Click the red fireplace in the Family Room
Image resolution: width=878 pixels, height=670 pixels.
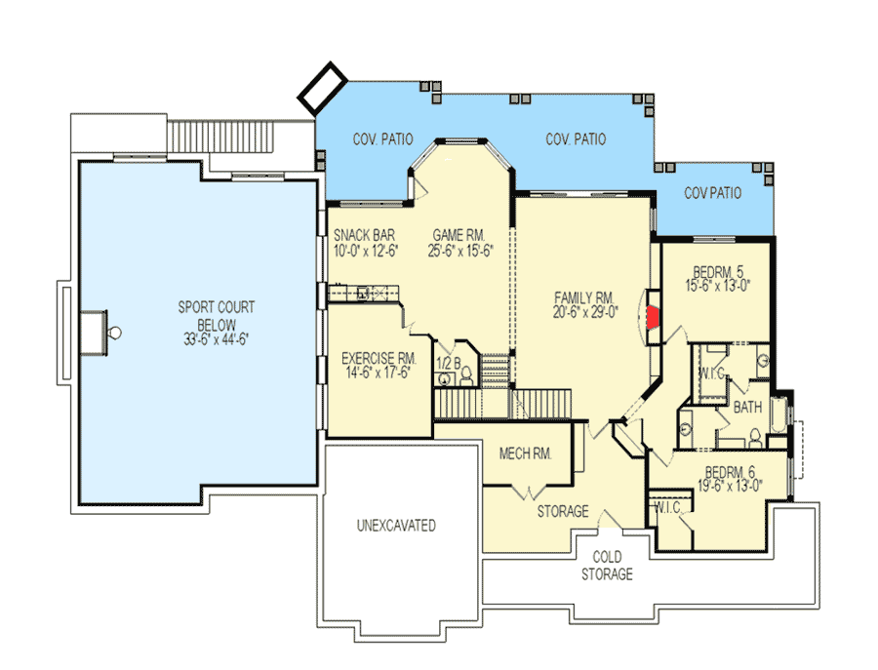[x=653, y=316]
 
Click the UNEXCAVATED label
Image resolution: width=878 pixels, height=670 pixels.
[x=394, y=526]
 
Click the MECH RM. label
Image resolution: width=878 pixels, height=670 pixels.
[x=526, y=453]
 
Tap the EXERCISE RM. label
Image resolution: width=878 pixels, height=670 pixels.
[x=379, y=357]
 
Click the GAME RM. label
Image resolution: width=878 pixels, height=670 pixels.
[x=459, y=234]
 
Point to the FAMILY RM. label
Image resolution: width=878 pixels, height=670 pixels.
[x=583, y=297]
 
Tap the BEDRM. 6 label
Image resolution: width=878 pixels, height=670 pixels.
[x=733, y=470]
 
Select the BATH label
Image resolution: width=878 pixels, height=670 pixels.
[x=747, y=406]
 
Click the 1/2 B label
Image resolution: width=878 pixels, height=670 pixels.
[x=448, y=363]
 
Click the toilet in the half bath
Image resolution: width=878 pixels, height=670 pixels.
[x=465, y=374]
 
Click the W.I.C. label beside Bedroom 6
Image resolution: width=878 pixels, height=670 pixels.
[x=666, y=508]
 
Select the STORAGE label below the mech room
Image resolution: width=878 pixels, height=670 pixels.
[x=563, y=511]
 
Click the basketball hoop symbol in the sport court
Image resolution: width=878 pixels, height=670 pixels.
[x=115, y=333]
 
